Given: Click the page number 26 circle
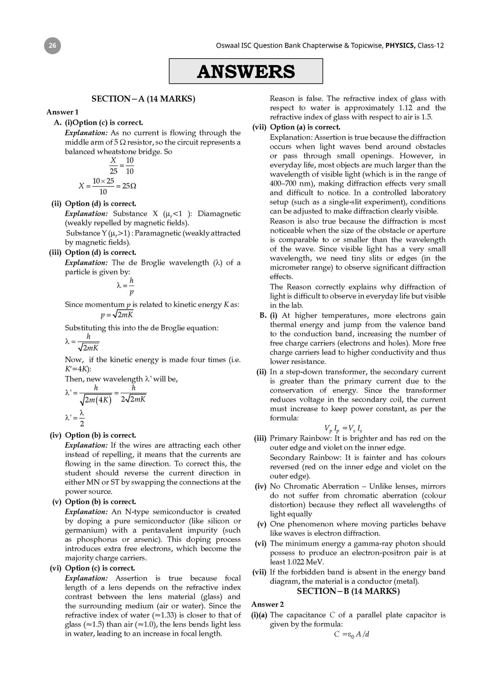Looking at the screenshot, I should click(x=52, y=46).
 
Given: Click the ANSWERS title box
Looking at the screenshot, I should click(x=246, y=71).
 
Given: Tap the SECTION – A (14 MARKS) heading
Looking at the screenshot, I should click(x=143, y=99).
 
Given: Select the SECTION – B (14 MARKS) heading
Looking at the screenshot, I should click(x=348, y=591).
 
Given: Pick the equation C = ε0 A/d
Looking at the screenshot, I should click(x=351, y=634).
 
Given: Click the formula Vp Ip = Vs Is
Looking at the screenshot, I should click(x=343, y=428).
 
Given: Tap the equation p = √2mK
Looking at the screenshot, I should click(x=117, y=315).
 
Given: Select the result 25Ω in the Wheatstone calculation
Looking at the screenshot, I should click(x=129, y=186).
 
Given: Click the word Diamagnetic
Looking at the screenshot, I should click(x=219, y=213).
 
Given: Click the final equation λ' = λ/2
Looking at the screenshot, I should click(x=74, y=417).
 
